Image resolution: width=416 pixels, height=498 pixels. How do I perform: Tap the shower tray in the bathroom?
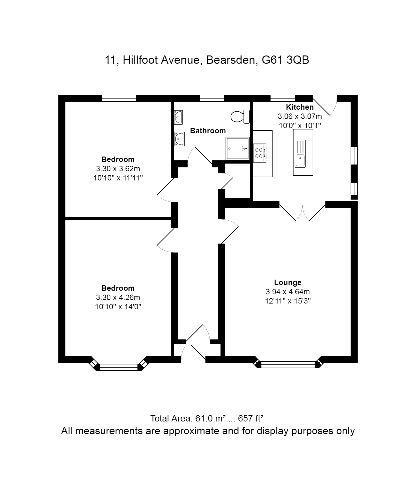[x=237, y=148]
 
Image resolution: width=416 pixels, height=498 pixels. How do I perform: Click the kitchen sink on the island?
[x=300, y=153]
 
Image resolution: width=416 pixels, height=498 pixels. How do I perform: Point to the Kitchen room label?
[x=300, y=107]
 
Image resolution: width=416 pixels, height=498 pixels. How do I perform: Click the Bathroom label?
[x=208, y=131]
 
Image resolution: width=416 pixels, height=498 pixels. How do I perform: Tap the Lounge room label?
[x=288, y=282]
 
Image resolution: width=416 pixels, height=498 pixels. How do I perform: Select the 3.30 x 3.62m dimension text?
[x=118, y=169]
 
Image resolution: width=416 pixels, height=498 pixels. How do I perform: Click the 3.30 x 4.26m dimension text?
[x=118, y=297]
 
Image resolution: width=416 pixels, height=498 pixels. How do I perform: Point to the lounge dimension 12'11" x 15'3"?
[x=288, y=301]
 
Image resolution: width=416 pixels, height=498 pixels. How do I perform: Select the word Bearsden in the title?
[x=232, y=60]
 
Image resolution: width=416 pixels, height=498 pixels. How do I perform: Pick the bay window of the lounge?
[x=288, y=364]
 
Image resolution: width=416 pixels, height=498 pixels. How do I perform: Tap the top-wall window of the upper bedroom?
[x=119, y=98]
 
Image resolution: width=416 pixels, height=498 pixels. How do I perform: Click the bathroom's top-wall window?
[x=212, y=98]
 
